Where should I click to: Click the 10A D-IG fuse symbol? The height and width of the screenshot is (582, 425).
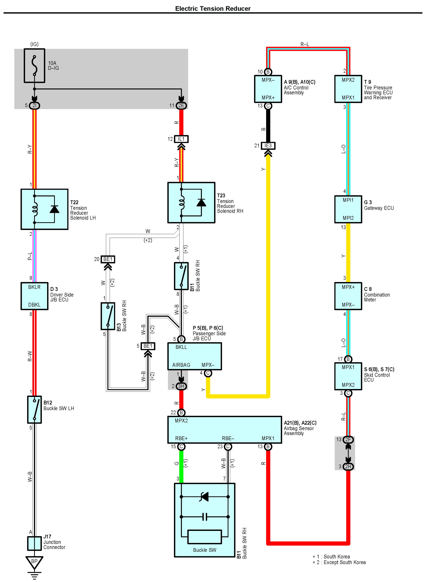[35, 66]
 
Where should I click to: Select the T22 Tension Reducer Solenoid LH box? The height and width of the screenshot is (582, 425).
[44, 209]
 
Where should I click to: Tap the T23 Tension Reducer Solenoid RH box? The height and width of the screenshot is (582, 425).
[191, 203]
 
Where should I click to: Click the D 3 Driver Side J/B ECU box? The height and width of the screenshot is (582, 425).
[35, 296]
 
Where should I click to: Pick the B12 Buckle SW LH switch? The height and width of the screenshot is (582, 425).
[35, 410]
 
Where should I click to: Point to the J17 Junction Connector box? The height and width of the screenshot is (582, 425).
[35, 543]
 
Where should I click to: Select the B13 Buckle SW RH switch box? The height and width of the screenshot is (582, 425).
[108, 316]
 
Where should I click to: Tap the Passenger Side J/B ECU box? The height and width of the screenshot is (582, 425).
[195, 356]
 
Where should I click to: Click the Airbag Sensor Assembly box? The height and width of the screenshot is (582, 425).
[225, 430]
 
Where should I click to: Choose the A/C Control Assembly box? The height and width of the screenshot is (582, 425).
[268, 89]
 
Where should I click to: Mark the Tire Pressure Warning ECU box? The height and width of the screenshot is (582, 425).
[348, 89]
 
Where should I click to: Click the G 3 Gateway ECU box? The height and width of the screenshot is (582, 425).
[348, 209]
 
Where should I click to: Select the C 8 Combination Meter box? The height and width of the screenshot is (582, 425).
[348, 296]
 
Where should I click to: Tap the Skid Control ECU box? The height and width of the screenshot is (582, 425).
[348, 376]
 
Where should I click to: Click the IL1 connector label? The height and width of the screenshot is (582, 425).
[181, 139]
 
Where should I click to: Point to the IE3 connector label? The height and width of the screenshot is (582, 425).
[268, 146]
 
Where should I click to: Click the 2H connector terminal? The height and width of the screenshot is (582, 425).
[348, 466]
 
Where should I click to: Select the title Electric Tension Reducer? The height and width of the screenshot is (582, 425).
[213, 9]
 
